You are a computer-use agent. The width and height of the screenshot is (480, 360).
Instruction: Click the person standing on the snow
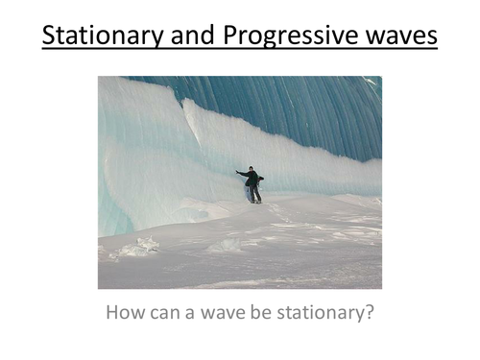point(251,183)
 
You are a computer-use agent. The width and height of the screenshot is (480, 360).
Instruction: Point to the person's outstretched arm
point(241,173)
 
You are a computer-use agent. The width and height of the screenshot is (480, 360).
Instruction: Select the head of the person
point(252,169)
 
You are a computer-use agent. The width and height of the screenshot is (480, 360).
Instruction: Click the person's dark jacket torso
point(252,179)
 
